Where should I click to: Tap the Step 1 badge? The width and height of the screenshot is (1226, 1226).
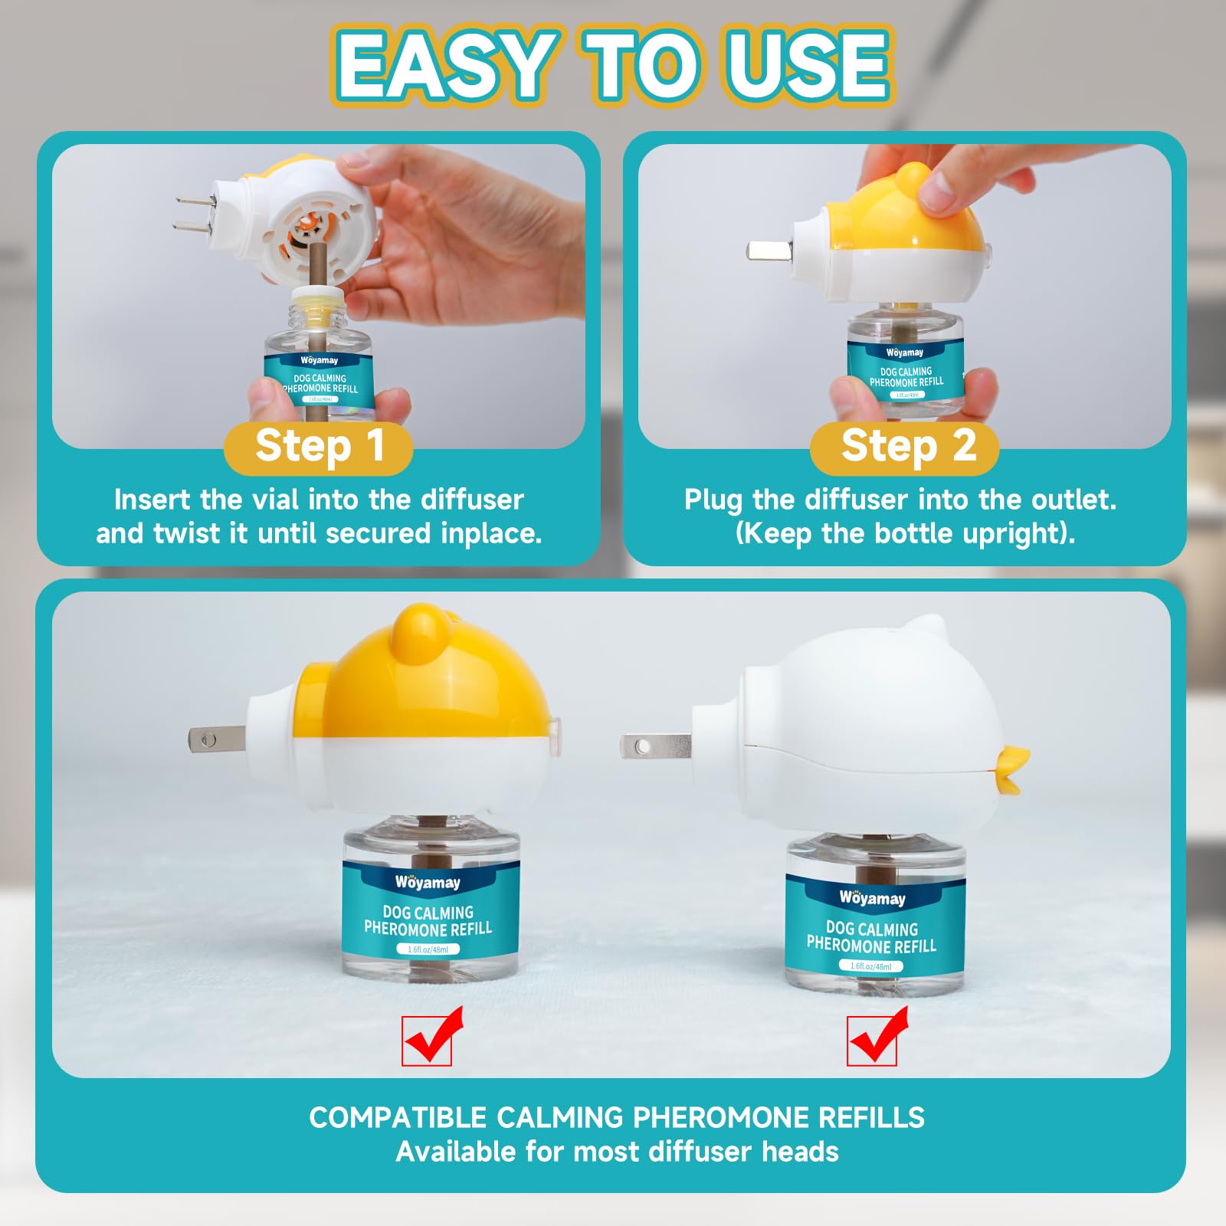319,447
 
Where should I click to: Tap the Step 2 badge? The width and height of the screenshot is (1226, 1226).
905,447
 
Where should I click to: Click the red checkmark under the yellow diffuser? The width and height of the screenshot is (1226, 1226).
433,1035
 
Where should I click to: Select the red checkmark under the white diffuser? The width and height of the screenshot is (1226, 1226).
877,1035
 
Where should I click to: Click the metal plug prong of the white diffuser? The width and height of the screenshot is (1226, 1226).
655,746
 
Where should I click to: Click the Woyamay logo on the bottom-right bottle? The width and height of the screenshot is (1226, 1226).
872,897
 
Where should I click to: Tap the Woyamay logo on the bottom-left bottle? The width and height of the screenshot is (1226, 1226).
428,882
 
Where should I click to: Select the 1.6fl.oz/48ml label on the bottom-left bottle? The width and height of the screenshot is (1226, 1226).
428,949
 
